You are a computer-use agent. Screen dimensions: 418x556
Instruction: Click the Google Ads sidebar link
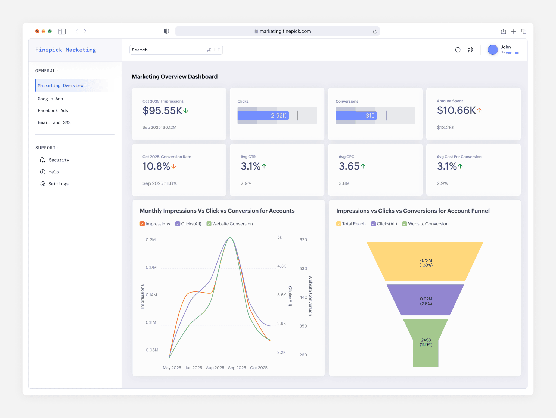pyautogui.click(x=50, y=99)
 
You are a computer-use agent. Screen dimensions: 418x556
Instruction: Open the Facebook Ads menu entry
pyautogui.click(x=53, y=110)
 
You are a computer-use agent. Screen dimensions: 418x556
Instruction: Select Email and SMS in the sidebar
pyautogui.click(x=54, y=122)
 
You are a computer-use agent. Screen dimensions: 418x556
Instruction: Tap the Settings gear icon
pyautogui.click(x=43, y=184)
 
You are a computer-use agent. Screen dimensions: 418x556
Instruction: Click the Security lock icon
pyautogui.click(x=43, y=160)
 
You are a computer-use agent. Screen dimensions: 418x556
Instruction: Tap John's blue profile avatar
pyautogui.click(x=492, y=50)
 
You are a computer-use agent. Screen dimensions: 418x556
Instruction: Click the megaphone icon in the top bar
pyautogui.click(x=470, y=50)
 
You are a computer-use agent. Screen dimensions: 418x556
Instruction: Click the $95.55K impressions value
pyautogui.click(x=162, y=110)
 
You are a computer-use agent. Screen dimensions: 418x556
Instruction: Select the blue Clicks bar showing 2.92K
pyautogui.click(x=263, y=115)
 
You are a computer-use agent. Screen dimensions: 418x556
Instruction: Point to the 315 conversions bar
pyautogui.click(x=356, y=115)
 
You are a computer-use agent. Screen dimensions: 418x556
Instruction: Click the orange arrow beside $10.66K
pyautogui.click(x=479, y=110)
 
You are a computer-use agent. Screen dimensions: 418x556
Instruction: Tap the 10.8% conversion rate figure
pyautogui.click(x=156, y=166)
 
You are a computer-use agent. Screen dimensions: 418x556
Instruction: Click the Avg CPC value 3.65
pyautogui.click(x=349, y=166)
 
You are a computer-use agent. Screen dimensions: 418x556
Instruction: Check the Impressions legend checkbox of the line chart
pyautogui.click(x=142, y=224)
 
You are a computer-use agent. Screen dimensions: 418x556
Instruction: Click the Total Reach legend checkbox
pyautogui.click(x=338, y=224)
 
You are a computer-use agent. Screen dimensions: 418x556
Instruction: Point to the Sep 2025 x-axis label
pyautogui.click(x=237, y=368)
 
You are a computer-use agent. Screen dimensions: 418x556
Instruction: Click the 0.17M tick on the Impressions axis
pyautogui.click(x=151, y=267)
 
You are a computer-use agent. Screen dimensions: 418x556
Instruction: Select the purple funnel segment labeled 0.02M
pyautogui.click(x=425, y=301)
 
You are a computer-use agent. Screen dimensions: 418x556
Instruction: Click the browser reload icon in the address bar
pyautogui.click(x=375, y=31)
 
